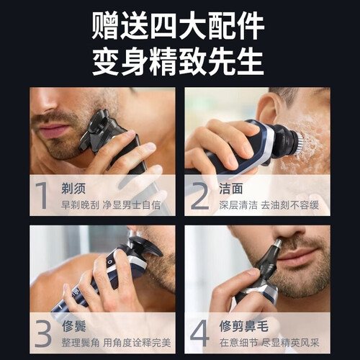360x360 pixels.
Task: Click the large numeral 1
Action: coord(42,195)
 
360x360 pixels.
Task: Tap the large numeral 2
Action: coord(199,195)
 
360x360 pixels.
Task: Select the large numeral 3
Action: coord(43,333)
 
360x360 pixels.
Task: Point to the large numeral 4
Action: coord(199,333)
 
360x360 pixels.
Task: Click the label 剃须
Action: coord(73,188)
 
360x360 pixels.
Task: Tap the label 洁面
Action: coord(230,188)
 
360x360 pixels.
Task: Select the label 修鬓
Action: coord(73,326)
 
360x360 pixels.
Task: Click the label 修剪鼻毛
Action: coord(244,326)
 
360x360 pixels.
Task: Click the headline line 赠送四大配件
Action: coord(178,26)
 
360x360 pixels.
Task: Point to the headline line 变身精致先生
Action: coord(178,62)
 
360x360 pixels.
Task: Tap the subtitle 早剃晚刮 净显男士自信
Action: coord(111,205)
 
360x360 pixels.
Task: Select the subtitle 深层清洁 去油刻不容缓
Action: coord(269,205)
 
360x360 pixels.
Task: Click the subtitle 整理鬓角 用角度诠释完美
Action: coord(116,343)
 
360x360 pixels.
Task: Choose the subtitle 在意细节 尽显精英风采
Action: coord(269,343)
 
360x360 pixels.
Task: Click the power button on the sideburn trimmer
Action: coord(110,262)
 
